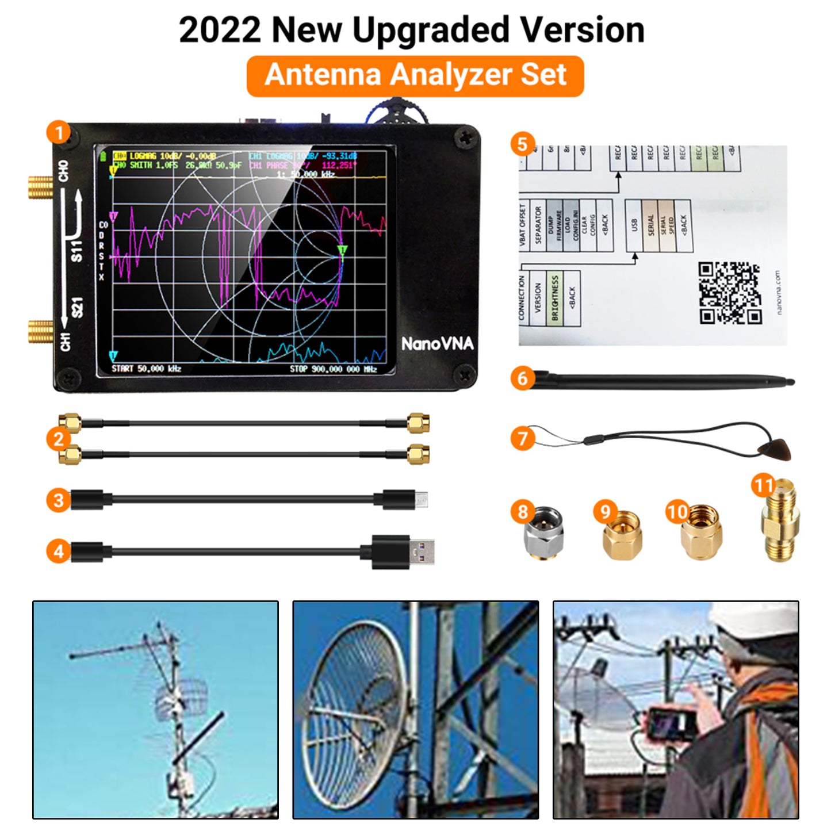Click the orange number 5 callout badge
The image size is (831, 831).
[522, 144]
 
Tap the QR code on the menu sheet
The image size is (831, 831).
[730, 293]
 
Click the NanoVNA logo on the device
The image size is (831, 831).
[437, 343]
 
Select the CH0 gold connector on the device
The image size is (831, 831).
[40, 187]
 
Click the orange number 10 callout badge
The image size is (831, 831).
[677, 511]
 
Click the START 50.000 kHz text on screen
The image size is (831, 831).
[146, 368]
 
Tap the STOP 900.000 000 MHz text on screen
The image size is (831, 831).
[333, 368]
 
